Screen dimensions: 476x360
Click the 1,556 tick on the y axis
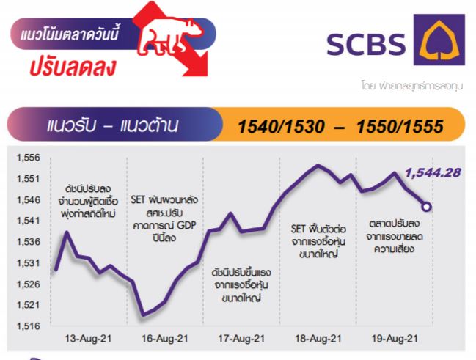pyautogui.click(x=28, y=158)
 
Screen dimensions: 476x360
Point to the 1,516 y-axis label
pyautogui.click(x=28, y=326)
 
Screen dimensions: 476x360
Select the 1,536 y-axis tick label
pyautogui.click(x=28, y=242)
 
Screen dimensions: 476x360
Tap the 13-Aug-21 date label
pyautogui.click(x=88, y=339)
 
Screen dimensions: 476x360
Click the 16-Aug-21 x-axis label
pyautogui.click(x=165, y=339)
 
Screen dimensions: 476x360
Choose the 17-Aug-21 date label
pyautogui.click(x=241, y=339)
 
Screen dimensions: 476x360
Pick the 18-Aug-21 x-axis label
pyautogui.click(x=318, y=339)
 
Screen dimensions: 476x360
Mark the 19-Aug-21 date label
pyautogui.click(x=395, y=339)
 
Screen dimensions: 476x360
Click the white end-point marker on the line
pyautogui.click(x=426, y=207)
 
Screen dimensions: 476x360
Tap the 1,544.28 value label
pyautogui.click(x=433, y=173)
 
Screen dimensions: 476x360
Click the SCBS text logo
pyautogui.click(x=366, y=44)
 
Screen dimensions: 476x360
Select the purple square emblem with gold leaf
pyautogui.click(x=439, y=40)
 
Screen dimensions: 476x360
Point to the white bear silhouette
pyautogui.click(x=170, y=37)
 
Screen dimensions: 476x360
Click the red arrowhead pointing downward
pyautogui.click(x=197, y=65)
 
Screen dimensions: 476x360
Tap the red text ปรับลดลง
pyautogui.click(x=73, y=67)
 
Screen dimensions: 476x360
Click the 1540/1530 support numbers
pyautogui.click(x=281, y=126)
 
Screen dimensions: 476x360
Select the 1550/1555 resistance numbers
pyautogui.click(x=400, y=126)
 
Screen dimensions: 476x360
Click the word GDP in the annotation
pyautogui.click(x=186, y=225)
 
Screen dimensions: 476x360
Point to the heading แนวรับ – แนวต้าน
pyautogui.click(x=112, y=125)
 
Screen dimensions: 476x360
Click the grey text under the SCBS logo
pyautogui.click(x=412, y=86)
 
